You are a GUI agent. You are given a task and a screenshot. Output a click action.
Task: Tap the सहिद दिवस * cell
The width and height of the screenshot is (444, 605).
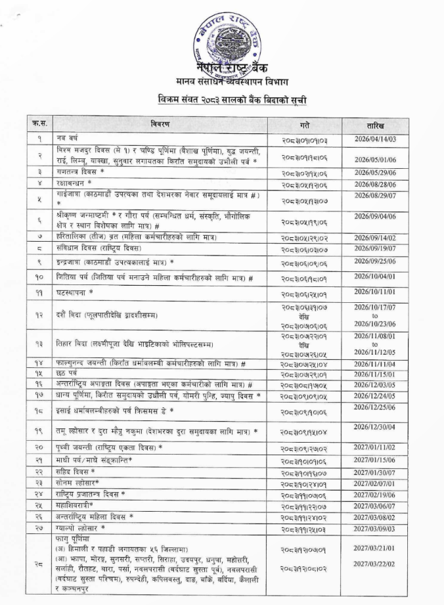coord(76,472)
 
